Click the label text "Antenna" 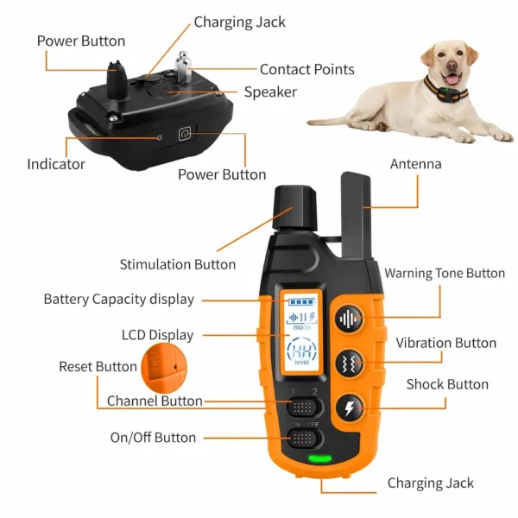coord(415,164)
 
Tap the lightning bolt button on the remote coord(349,407)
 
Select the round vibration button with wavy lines coord(349,363)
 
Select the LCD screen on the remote coord(299,338)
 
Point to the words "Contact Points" coord(306,70)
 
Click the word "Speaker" coord(270,92)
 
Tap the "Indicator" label coord(56,164)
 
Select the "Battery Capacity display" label coord(119,300)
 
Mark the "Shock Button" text coord(447,384)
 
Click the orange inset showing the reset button coord(160,366)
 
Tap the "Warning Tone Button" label coord(445,274)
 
